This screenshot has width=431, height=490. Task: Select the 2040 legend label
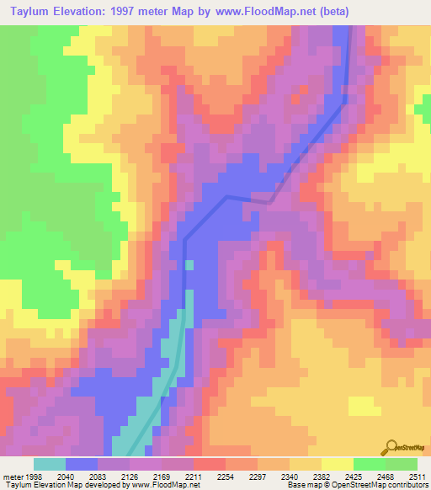pos(66,476)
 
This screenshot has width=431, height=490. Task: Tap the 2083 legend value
pos(102,476)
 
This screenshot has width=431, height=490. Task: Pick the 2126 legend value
pos(138,476)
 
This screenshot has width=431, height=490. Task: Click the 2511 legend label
pos(418,476)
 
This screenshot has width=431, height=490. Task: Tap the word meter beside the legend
pos(10,476)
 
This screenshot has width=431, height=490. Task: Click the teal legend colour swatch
pos(49,464)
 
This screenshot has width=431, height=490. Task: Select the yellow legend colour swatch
pos(337,464)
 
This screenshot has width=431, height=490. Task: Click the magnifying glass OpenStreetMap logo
pos(391,448)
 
